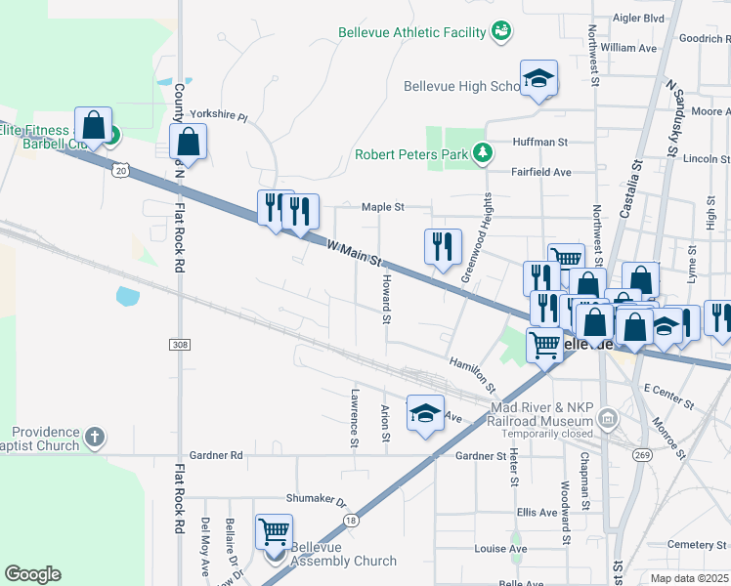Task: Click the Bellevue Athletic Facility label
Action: coord(411,32)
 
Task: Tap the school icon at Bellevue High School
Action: coord(537,78)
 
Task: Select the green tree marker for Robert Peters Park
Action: coord(482,153)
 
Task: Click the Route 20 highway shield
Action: coord(119,169)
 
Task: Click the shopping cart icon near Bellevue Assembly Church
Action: coord(274,531)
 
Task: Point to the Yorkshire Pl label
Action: coord(219,114)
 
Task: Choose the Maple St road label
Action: coord(382,207)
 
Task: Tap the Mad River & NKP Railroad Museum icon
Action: coord(607,419)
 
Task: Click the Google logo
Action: coord(32,574)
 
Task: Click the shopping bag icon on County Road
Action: coord(189,142)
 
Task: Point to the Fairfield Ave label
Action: coord(541,172)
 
